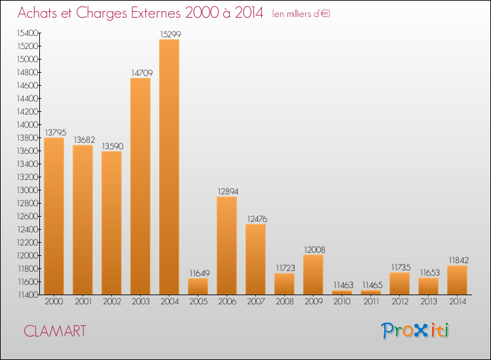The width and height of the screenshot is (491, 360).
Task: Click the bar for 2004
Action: [169, 167]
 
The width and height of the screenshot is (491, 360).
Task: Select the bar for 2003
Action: [140, 187]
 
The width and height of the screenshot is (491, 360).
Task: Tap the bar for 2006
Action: [227, 245]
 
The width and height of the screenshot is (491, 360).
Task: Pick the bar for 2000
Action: [54, 216]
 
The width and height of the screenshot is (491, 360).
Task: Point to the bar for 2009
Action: [313, 275]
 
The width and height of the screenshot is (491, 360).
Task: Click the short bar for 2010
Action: [342, 293]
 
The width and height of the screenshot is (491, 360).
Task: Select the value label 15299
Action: [169, 33]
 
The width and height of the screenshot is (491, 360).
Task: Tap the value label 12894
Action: [227, 191]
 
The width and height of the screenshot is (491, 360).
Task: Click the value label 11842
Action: [457, 260]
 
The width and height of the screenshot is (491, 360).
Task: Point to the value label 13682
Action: [82, 139]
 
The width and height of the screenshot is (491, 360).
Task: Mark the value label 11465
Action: [371, 285]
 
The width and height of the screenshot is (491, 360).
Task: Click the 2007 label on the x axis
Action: [255, 302]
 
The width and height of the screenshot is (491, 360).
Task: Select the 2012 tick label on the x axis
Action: [399, 302]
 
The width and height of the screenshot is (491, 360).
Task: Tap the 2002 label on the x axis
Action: [111, 302]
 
